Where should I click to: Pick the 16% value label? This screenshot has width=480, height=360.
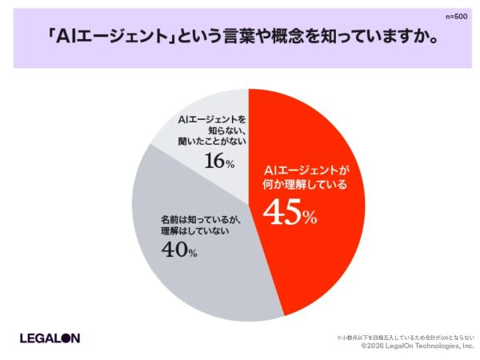click(218, 161)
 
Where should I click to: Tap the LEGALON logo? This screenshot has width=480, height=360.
click(50, 338)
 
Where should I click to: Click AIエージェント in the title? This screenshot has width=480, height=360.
click(109, 38)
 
